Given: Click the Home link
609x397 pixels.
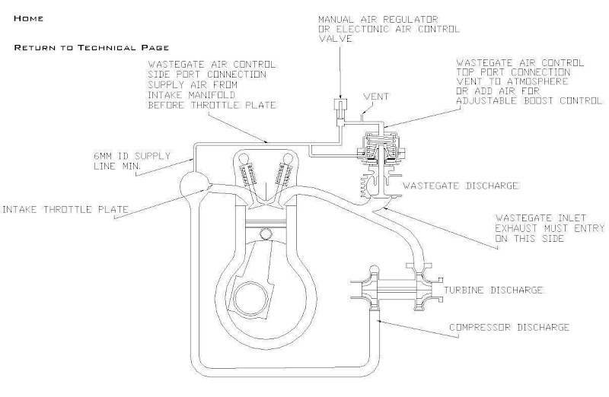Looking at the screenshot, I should (29, 17).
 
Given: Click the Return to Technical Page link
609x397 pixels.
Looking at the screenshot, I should (91, 47).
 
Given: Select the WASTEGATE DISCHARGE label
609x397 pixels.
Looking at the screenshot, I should (461, 185).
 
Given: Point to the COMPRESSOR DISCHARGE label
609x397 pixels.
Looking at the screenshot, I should (508, 327).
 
